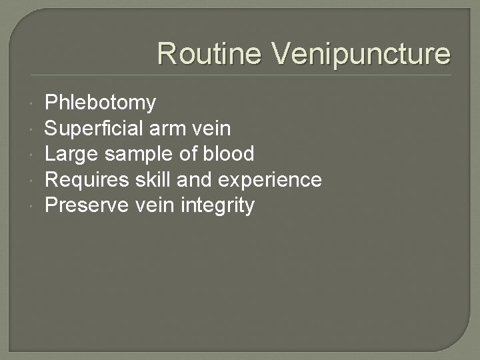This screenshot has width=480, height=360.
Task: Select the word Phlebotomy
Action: point(100,103)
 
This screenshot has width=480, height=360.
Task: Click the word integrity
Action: point(217,206)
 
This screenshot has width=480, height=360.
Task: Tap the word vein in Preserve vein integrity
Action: point(157,205)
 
